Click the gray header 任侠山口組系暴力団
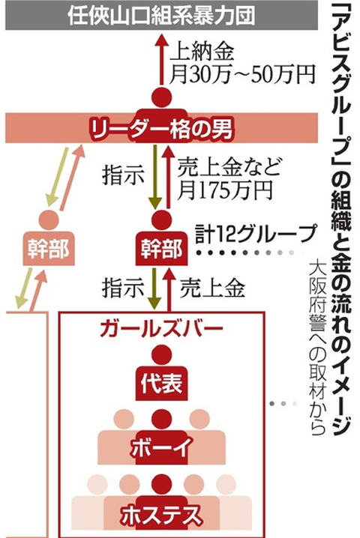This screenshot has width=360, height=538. [x=161, y=16]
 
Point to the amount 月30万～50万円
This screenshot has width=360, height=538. [x=242, y=73]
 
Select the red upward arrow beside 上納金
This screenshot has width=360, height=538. [x=162, y=59]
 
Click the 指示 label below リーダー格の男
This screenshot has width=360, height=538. [x=123, y=175]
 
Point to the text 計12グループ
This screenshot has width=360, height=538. [x=255, y=234]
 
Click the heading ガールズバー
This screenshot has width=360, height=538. [x=161, y=329]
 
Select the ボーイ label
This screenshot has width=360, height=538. [x=161, y=448]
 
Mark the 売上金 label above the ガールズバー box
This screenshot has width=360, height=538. [x=212, y=288]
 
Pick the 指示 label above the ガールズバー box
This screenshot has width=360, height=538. [x=123, y=288]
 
